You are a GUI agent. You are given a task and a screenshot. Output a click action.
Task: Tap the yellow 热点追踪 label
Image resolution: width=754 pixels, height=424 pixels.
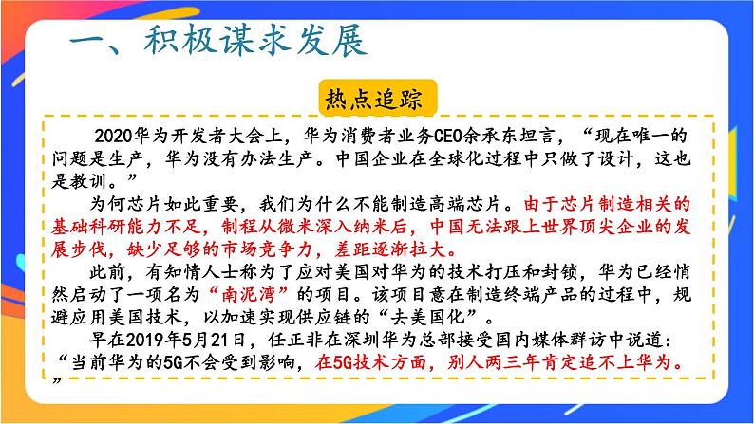pyautogui.click(x=377, y=99)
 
